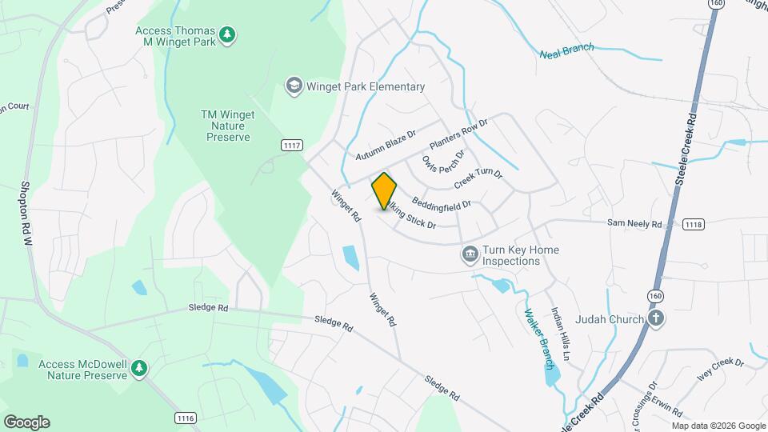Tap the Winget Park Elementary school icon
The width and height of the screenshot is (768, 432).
pyautogui.click(x=294, y=86)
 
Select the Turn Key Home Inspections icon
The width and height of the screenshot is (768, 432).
pyautogui.click(x=470, y=255)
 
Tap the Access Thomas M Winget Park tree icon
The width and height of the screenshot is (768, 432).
pyautogui.click(x=229, y=34)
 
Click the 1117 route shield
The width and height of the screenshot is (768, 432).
pyautogui.click(x=292, y=145)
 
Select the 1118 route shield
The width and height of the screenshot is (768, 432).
pyautogui.click(x=694, y=225)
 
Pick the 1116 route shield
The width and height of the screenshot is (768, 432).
pyautogui.click(x=186, y=418)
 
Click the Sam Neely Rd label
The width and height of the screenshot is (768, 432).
pyautogui.click(x=634, y=224)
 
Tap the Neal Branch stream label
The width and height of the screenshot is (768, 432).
pyautogui.click(x=567, y=50)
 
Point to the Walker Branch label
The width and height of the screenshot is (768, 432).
pyautogui.click(x=538, y=336)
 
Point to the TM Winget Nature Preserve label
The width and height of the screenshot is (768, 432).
pyautogui.click(x=226, y=126)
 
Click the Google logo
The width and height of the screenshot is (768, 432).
pyautogui.click(x=26, y=422)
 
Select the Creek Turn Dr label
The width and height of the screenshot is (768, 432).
pyautogui.click(x=478, y=179)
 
